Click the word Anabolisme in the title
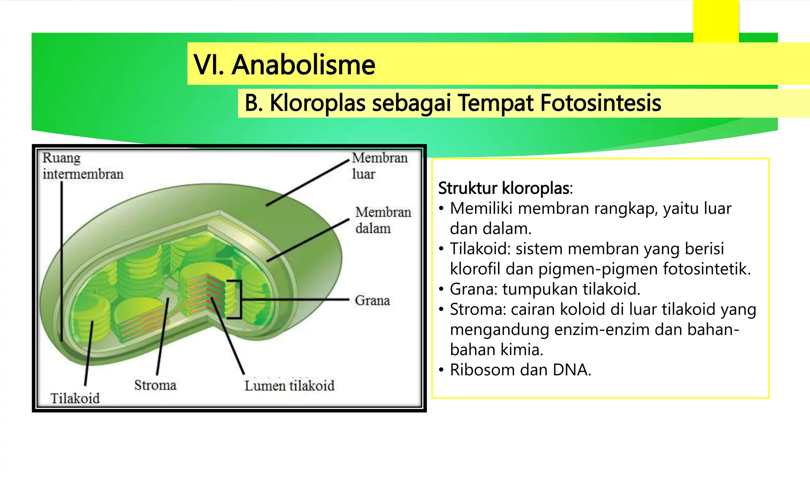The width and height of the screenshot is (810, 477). coord(303,65)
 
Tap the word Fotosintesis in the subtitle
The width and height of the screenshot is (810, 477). coord(600,103)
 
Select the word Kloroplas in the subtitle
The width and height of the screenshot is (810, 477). coord(317,103)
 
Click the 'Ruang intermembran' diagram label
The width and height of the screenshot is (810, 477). coord(83,166)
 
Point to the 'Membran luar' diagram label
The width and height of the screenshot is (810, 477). coord(379,165)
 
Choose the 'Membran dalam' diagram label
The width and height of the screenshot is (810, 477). coord(382,220)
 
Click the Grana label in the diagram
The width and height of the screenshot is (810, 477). coord(372,300)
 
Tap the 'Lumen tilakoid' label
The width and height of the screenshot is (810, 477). coord(289,385)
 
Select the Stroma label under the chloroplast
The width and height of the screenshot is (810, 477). coord(155,385)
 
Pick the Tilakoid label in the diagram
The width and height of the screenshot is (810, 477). coord(75,398)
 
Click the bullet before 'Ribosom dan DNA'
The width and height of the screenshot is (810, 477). coord(441,370)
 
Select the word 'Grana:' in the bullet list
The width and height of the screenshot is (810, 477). coord(473,289)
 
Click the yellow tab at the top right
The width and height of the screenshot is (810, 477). coord(716,20)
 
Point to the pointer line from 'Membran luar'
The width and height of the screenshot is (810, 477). coord(308,183)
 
